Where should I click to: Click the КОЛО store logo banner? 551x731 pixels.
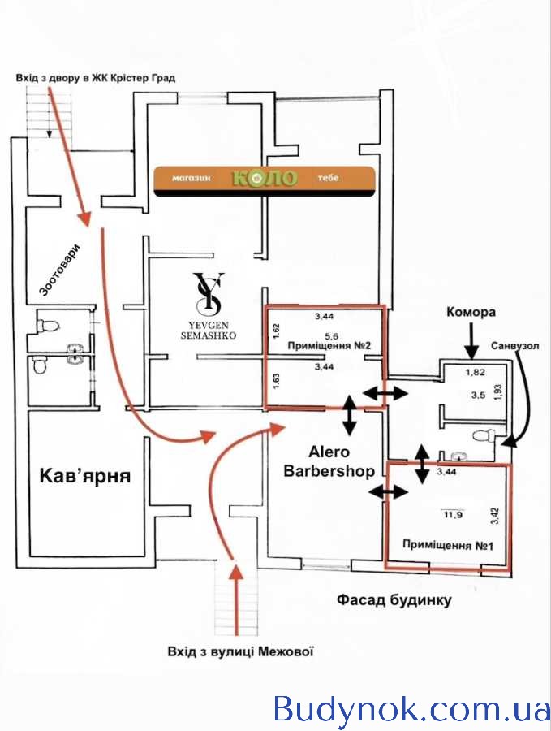point(264,181)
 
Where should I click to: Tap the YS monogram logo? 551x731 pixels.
point(209,293)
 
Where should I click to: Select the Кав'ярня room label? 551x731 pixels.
point(85,475)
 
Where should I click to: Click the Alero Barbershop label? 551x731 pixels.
point(329,461)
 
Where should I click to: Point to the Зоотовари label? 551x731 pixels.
point(60,270)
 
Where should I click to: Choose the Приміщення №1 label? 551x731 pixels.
point(448,545)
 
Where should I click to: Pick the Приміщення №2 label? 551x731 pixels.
point(329,346)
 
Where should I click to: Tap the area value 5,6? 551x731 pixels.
point(331,335)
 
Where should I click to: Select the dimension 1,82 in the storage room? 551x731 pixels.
point(476,372)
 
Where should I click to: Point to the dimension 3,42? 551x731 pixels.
point(495,516)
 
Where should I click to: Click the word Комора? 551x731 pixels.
point(471,312)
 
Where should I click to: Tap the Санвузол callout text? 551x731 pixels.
point(514,346)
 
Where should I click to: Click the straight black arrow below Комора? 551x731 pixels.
point(471,340)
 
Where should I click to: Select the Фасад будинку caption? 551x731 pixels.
point(394,599)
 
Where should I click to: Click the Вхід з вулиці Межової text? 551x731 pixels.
point(240,651)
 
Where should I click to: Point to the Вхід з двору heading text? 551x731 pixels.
point(96,77)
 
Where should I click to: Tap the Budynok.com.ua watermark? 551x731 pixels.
point(411,709)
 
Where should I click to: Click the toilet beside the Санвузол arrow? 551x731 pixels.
point(484,436)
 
